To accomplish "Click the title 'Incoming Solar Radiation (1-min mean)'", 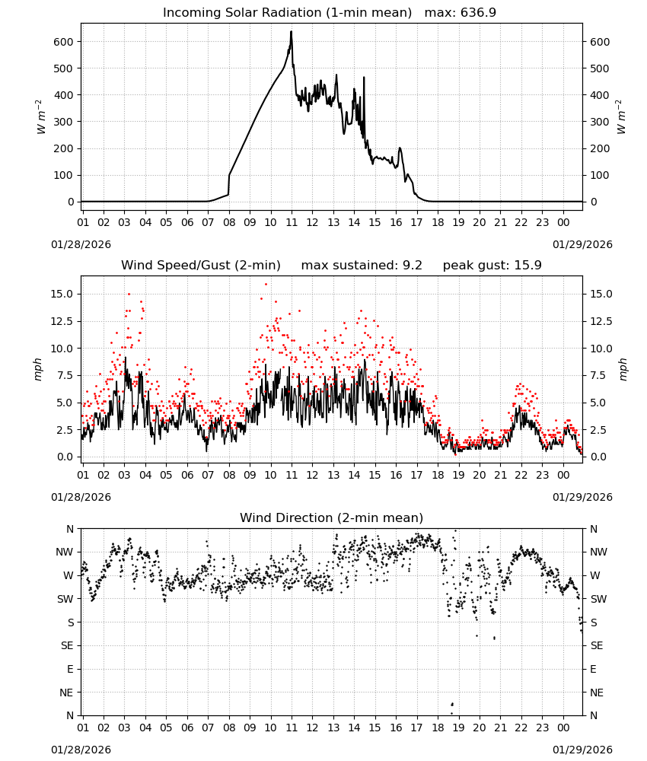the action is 287,13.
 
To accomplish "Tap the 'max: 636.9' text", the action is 461,13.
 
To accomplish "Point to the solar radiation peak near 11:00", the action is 292,32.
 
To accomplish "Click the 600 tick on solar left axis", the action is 64,42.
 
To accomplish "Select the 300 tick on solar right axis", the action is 600,122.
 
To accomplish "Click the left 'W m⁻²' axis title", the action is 41,117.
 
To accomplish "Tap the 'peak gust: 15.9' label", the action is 492,266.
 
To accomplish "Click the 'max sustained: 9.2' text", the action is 362,266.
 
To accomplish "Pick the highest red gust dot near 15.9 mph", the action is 266,284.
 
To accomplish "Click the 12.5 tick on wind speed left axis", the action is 62,321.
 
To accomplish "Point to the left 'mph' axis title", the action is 38,369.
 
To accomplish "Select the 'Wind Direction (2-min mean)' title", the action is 332,517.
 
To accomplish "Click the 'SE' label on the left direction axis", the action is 67,645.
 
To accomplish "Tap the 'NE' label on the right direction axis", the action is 597,693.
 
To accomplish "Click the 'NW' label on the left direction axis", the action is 65,552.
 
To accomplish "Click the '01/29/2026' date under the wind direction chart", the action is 582,750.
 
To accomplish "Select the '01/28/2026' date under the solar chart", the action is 81,244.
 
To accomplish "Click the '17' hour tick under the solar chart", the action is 416,222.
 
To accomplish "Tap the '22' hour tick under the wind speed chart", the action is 521,475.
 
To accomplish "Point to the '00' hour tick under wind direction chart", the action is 563,728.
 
